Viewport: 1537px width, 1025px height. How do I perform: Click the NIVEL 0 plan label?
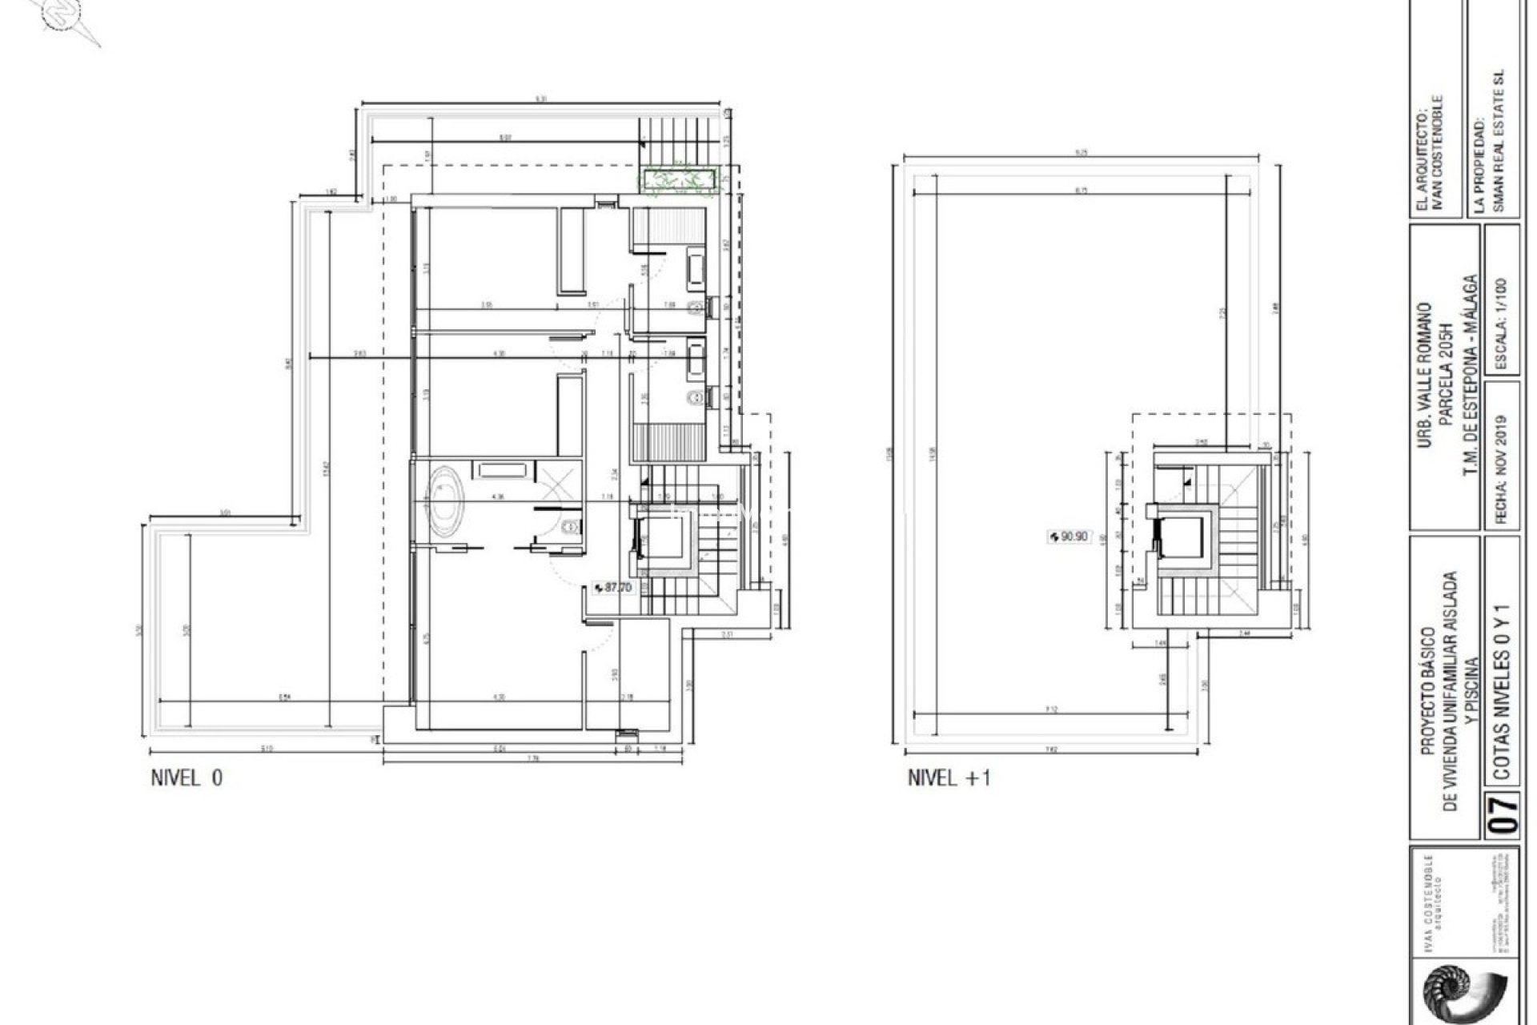(x=187, y=778)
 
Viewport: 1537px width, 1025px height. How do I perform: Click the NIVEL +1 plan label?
(x=949, y=778)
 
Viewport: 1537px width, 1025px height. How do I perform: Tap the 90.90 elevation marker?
(x=1069, y=537)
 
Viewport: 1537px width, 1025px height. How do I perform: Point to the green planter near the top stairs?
(x=676, y=178)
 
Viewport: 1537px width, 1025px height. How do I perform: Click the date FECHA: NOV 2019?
(x=1500, y=468)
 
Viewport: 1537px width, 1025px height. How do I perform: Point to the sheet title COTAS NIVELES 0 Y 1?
(x=1503, y=680)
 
